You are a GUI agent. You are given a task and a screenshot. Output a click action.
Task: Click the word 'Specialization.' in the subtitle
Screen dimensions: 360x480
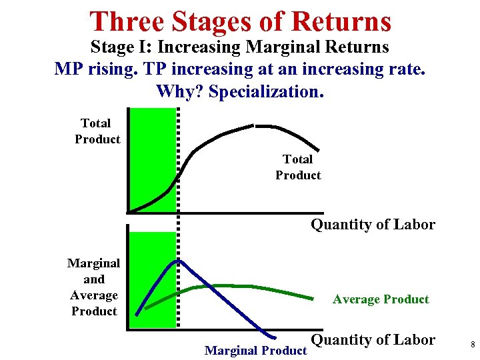266,91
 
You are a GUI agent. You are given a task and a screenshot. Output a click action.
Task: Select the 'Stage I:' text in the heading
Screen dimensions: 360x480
119,47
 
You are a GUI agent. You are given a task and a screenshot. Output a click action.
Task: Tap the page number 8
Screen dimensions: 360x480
472,345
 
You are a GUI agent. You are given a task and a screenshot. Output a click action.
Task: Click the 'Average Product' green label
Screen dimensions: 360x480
381,299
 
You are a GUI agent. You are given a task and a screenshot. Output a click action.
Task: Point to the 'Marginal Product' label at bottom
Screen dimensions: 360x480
255,350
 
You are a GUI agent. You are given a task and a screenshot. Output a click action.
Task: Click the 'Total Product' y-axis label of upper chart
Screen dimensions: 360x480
97,131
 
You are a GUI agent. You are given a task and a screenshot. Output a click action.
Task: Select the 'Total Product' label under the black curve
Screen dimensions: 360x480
298,167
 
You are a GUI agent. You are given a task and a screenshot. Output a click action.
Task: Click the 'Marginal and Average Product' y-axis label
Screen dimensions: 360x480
94,287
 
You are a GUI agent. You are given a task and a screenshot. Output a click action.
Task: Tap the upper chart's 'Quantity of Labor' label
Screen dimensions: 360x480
373,225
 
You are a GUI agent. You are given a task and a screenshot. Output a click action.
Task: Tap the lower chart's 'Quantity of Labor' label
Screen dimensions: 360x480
373,340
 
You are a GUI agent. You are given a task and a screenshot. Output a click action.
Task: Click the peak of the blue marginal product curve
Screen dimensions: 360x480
177,261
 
